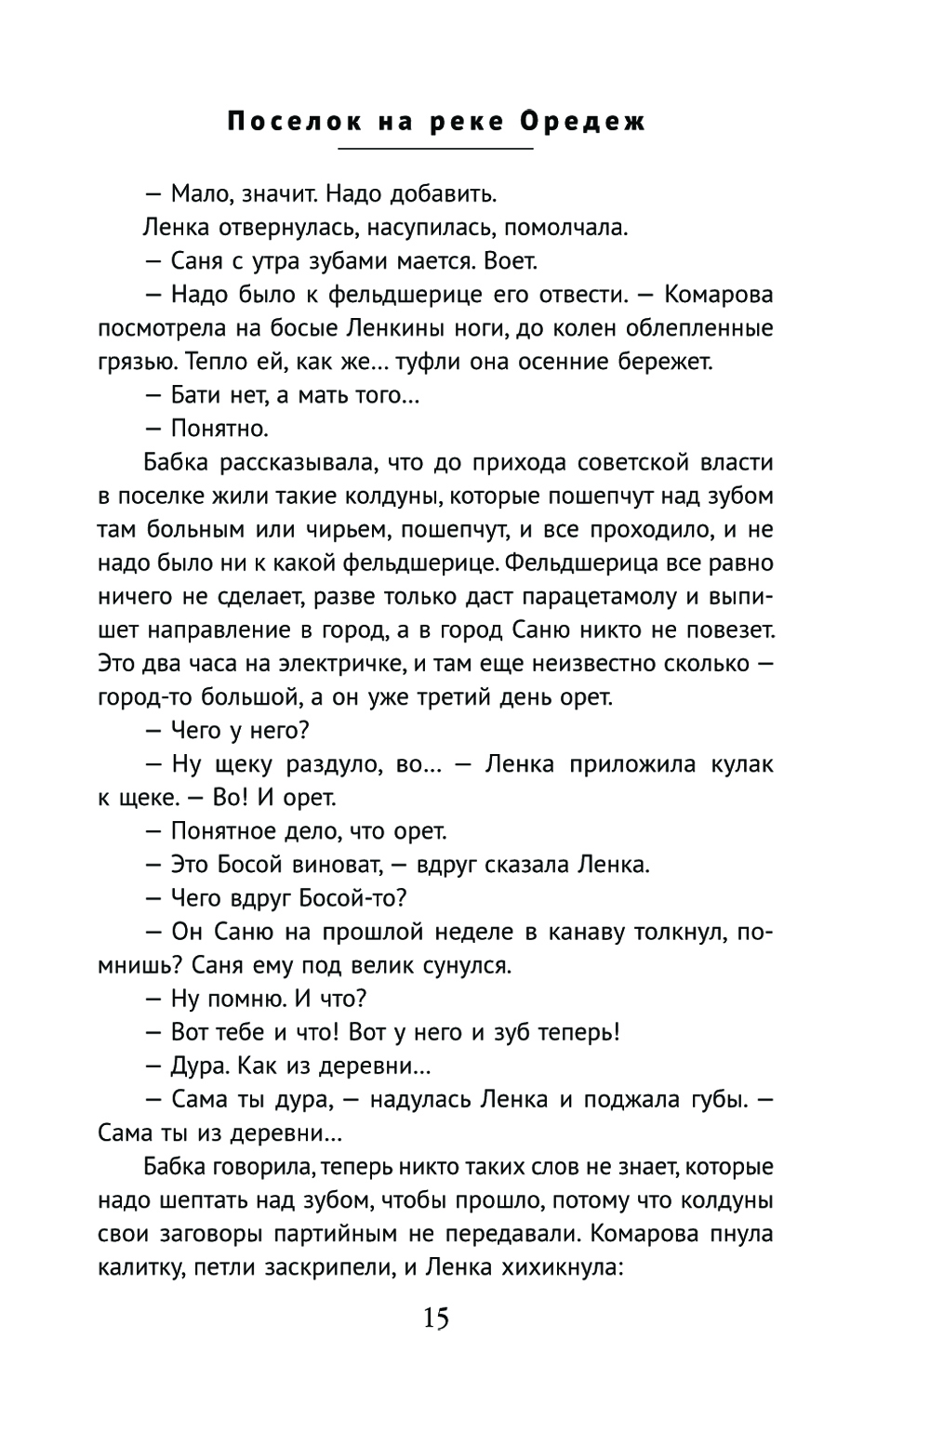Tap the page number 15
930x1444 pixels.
(x=435, y=1318)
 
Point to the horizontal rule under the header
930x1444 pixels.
(x=435, y=149)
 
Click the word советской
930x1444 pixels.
(x=631, y=462)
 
